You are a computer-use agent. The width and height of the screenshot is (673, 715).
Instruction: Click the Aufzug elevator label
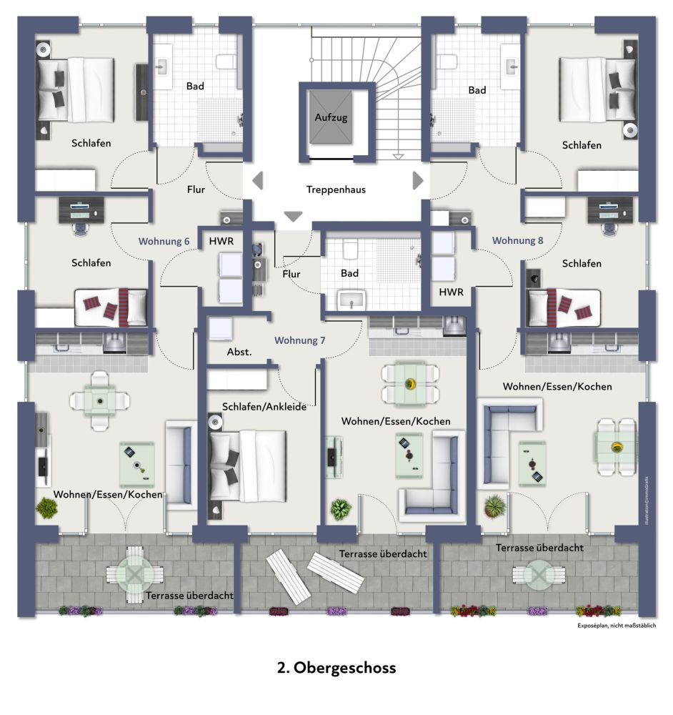pyautogui.click(x=329, y=117)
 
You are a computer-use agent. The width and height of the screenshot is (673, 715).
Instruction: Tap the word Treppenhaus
pyautogui.click(x=336, y=189)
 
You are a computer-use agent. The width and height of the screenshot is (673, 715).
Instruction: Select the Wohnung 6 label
pyautogui.click(x=164, y=242)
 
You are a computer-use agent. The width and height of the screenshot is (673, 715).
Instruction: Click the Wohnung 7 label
pyautogui.click(x=300, y=340)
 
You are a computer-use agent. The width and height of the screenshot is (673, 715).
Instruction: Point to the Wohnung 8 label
pyautogui.click(x=517, y=240)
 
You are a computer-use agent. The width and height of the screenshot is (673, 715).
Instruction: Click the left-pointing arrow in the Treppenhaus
pyautogui.click(x=257, y=180)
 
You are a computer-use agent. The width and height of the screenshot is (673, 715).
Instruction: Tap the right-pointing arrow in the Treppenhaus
pyautogui.click(x=419, y=179)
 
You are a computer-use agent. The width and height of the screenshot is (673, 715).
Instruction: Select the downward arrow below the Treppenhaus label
pyautogui.click(x=293, y=216)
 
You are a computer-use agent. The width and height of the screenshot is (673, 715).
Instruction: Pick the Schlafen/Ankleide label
pyautogui.click(x=264, y=407)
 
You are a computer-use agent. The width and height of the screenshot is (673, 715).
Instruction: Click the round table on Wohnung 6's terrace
pyautogui.click(x=135, y=573)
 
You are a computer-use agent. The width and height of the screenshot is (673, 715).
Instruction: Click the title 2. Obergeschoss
pyautogui.click(x=336, y=668)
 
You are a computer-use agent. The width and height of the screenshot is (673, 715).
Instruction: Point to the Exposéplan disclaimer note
pyautogui.click(x=616, y=626)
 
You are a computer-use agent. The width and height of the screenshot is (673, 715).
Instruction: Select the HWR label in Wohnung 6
pyautogui.click(x=221, y=242)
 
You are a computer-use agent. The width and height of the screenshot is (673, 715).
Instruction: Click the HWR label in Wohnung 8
pyautogui.click(x=451, y=292)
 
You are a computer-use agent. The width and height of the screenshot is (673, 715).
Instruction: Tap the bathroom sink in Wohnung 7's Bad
pyautogui.click(x=352, y=300)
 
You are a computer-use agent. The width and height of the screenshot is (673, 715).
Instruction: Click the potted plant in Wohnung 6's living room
pyautogui.click(x=47, y=508)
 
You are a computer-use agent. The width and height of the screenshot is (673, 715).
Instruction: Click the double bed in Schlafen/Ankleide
pyautogui.click(x=247, y=465)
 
